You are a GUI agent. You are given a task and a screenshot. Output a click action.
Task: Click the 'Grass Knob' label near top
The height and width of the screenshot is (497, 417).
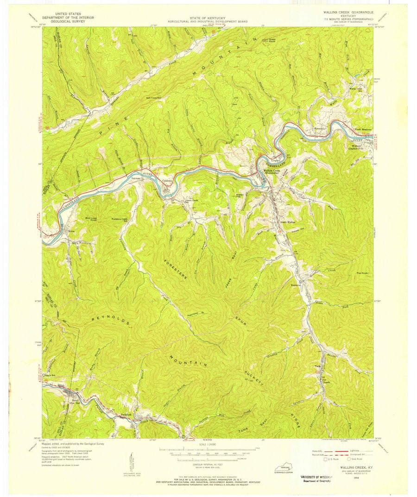click(269, 41)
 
